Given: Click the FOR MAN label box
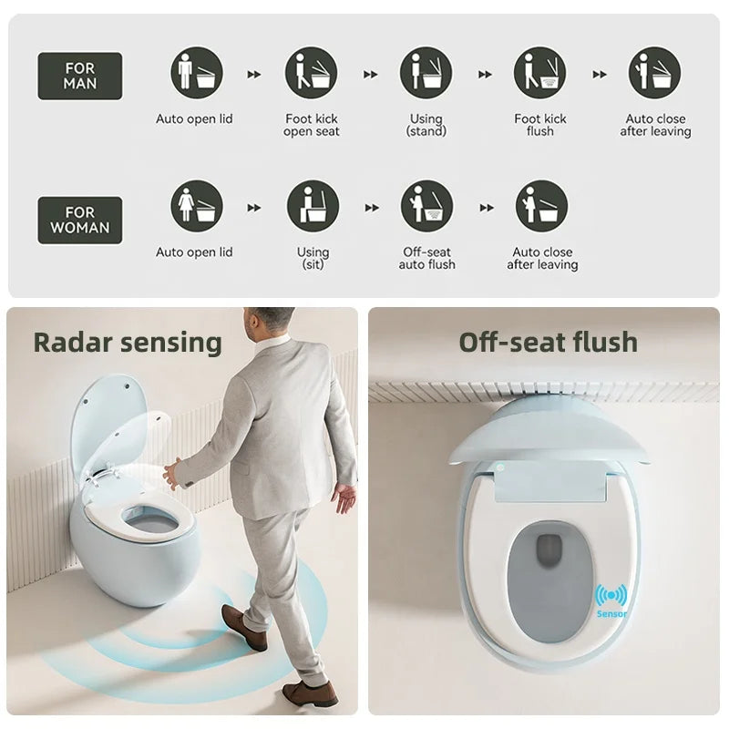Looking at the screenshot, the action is point(80,76).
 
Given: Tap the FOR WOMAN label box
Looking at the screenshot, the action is point(80,220).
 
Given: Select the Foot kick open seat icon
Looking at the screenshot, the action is point(311,73).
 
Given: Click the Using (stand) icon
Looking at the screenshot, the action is point(426,73).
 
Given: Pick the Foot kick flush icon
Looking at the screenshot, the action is point(540,73).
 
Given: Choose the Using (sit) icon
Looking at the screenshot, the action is point(313,207).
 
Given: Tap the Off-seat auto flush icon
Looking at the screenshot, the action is point(426,207).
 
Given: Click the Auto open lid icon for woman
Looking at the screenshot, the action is point(197,207).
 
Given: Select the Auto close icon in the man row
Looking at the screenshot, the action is point(654,73).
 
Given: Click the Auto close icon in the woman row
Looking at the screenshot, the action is point(541,207).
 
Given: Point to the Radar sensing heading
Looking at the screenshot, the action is point(128,344).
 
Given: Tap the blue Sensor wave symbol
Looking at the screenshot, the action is point(611,595).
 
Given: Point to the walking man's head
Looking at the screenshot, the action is point(266,324).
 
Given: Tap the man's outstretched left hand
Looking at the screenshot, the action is point(171,473).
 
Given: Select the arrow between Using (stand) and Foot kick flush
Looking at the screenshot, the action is point(485,75).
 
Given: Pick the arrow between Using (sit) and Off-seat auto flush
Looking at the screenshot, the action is point(372,208).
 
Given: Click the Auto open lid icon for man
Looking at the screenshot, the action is point(197,73).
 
